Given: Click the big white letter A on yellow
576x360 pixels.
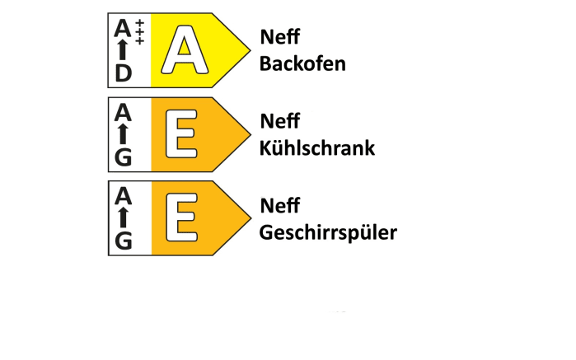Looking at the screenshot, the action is pyautogui.click(x=185, y=49).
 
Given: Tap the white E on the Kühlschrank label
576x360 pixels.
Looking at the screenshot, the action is pyautogui.click(x=181, y=134).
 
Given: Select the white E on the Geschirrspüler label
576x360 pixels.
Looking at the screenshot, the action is pyautogui.click(x=181, y=217).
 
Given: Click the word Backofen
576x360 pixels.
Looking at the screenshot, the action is pyautogui.click(x=302, y=63).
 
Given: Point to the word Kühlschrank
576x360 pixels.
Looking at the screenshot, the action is pyautogui.click(x=317, y=148).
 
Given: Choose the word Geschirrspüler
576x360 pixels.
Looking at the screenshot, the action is pyautogui.click(x=328, y=233).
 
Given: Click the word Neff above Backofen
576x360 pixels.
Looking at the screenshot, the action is pyautogui.click(x=279, y=37).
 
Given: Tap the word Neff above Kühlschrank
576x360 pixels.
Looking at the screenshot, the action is pyautogui.click(x=279, y=121).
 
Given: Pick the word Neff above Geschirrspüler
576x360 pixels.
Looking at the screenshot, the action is pyautogui.click(x=279, y=205).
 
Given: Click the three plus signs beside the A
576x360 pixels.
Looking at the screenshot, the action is pyautogui.click(x=139, y=32).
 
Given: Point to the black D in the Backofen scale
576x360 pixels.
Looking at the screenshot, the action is pyautogui.click(x=123, y=73).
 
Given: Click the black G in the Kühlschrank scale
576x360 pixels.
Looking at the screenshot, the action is pyautogui.click(x=123, y=157).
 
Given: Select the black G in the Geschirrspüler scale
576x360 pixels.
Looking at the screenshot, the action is pyautogui.click(x=123, y=241).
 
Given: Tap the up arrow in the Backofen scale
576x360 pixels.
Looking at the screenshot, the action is pyautogui.click(x=123, y=49).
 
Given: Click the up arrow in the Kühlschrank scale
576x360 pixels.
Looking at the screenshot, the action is pyautogui.click(x=123, y=134).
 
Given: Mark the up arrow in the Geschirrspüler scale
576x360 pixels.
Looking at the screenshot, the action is pyautogui.click(x=123, y=217).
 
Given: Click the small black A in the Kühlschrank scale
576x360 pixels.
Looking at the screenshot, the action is pyautogui.click(x=123, y=112).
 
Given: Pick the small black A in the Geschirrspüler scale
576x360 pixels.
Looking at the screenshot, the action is pyautogui.click(x=123, y=196).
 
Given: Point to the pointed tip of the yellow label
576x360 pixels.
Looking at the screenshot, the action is pyautogui.click(x=251, y=50).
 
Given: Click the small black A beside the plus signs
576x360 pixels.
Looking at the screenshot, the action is pyautogui.click(x=123, y=28).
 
